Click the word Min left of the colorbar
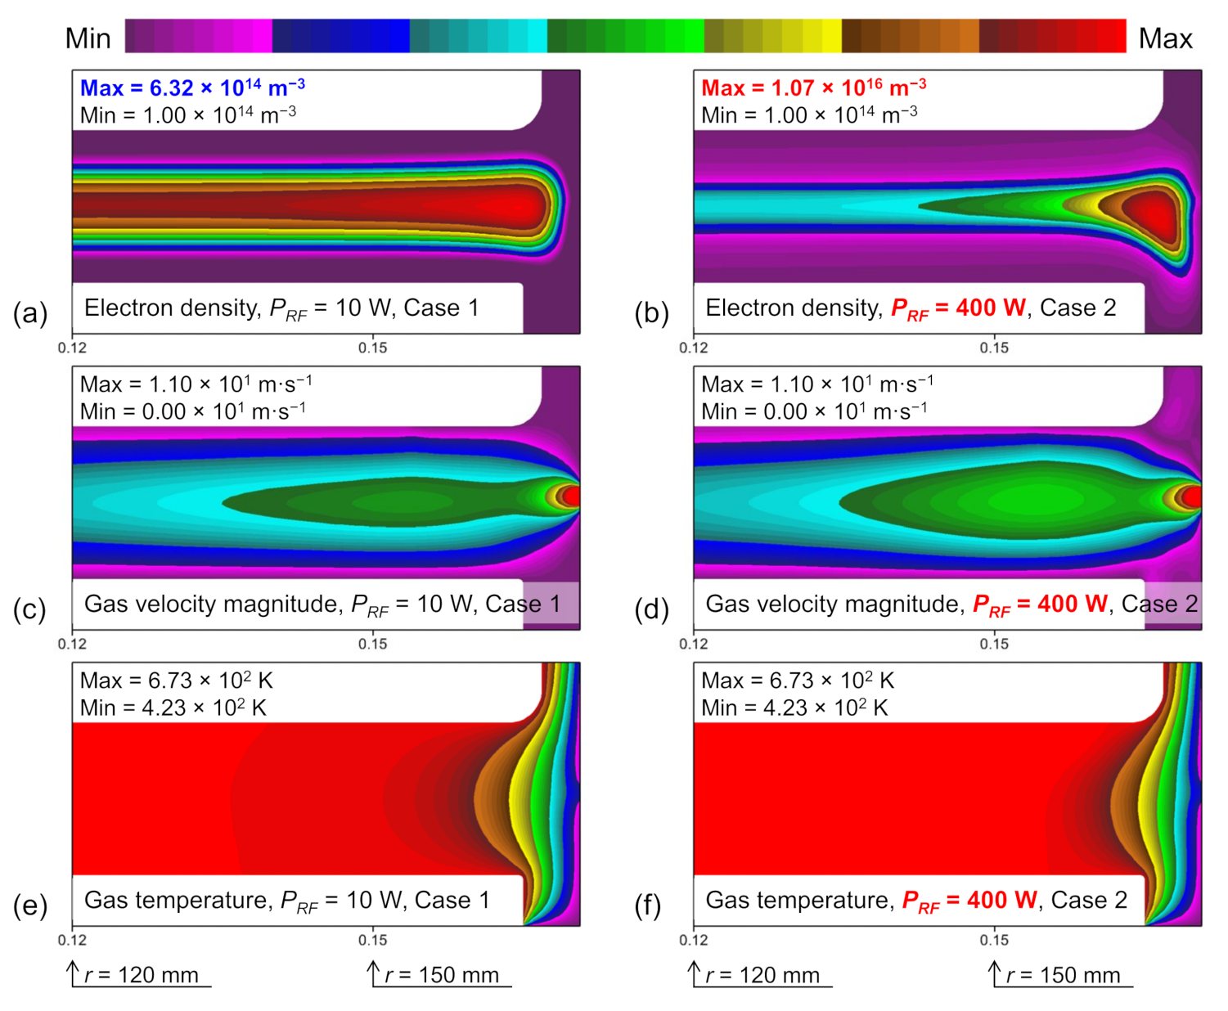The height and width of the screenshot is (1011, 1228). pos(88,38)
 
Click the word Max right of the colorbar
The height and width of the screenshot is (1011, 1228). pos(1165,38)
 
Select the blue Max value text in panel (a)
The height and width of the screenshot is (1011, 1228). pos(192,88)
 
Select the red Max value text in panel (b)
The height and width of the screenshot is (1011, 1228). pos(813,88)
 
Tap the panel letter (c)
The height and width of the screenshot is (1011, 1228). pos(30,609)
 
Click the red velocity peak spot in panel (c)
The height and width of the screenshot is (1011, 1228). pos(571,496)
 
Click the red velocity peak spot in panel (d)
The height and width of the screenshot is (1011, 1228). pos(1193,497)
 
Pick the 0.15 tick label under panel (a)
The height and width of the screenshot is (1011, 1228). pos(373,348)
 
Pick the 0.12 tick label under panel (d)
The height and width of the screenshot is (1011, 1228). pos(694,644)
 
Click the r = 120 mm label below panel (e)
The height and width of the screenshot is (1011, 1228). pos(141,975)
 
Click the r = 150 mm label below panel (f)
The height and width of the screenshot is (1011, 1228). pos(1063,975)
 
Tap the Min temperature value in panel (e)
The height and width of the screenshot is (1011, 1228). pos(173,708)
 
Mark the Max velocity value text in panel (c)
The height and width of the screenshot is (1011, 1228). pos(196,384)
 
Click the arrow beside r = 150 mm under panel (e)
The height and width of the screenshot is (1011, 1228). pos(374,973)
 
